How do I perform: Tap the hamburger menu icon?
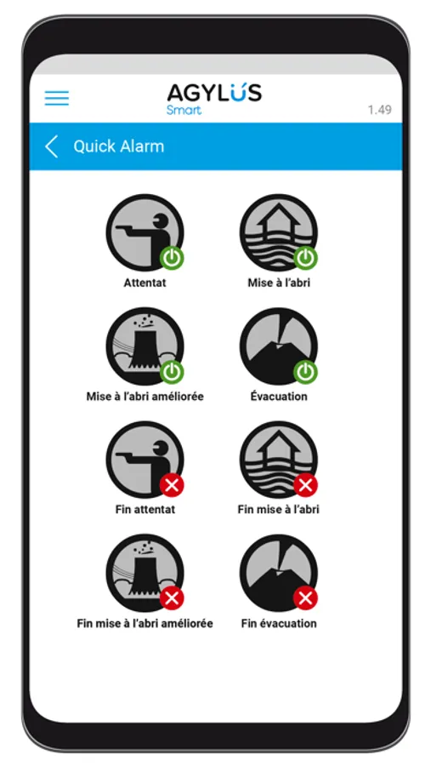57,98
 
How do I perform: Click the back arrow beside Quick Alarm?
51,146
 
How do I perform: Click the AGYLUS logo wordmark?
214,93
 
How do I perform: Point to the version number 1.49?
379,110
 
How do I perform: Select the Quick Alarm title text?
119,146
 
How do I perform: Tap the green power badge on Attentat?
172,259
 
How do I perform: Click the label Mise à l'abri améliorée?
145,396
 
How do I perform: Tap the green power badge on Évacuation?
305,372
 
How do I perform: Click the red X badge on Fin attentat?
172,485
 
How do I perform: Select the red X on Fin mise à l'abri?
305,485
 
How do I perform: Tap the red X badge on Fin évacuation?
305,598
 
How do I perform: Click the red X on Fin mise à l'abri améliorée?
172,598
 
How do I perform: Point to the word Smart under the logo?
184,110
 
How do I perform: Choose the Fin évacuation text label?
279,623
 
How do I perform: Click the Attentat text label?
145,283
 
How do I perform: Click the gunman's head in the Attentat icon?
159,221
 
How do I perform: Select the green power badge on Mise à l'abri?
305,259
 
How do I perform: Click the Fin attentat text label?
145,510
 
